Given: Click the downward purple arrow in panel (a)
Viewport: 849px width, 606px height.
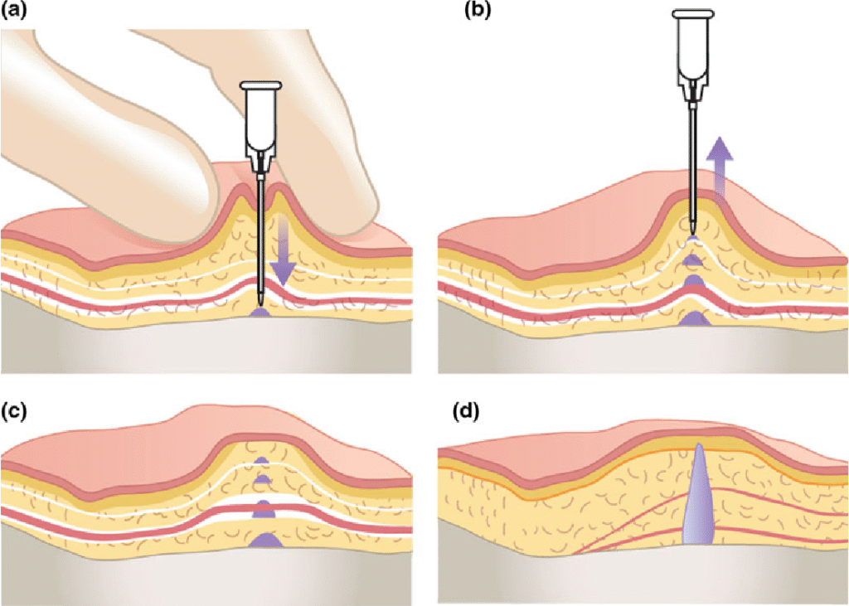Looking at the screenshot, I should pos(284,249).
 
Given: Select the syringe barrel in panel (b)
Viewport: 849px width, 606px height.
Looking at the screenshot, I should pos(693,50).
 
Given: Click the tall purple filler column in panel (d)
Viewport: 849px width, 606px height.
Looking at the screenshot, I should pos(696,497).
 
